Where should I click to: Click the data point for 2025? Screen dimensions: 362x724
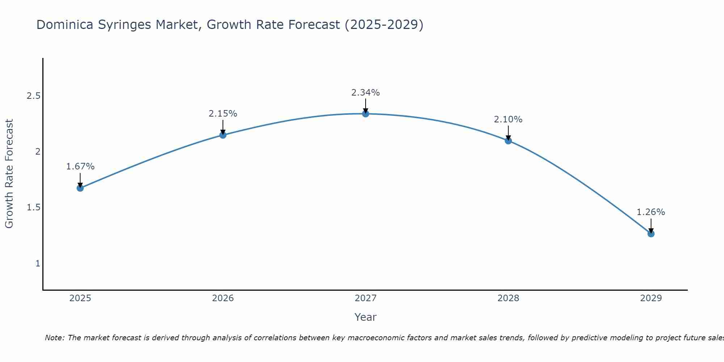tap(80, 188)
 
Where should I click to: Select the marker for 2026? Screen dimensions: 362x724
tap(223, 135)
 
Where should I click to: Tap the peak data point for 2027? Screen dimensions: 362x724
tap(366, 114)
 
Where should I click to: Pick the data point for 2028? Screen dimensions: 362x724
tap(508, 140)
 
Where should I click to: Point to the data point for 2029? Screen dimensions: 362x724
tap(651, 234)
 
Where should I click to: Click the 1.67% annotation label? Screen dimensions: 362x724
tap(80, 167)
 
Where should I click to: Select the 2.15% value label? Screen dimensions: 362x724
tap(223, 114)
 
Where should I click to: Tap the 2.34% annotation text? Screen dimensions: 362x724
tap(366, 93)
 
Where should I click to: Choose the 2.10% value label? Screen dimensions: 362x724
tap(508, 119)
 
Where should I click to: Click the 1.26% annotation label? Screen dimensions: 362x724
tap(651, 212)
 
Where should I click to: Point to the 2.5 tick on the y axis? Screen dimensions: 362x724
tap(33, 96)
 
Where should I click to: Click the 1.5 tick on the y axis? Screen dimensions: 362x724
tap(33, 207)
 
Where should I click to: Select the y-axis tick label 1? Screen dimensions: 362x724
tap(38, 263)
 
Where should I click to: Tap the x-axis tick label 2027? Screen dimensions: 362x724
tap(366, 298)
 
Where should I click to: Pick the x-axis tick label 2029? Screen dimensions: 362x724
tap(651, 298)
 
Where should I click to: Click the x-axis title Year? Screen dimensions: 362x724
tap(366, 317)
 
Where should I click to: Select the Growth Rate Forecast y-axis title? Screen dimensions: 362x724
tap(9, 174)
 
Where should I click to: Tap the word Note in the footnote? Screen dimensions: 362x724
tap(54, 338)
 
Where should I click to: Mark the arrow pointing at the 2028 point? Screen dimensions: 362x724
tap(508, 132)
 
